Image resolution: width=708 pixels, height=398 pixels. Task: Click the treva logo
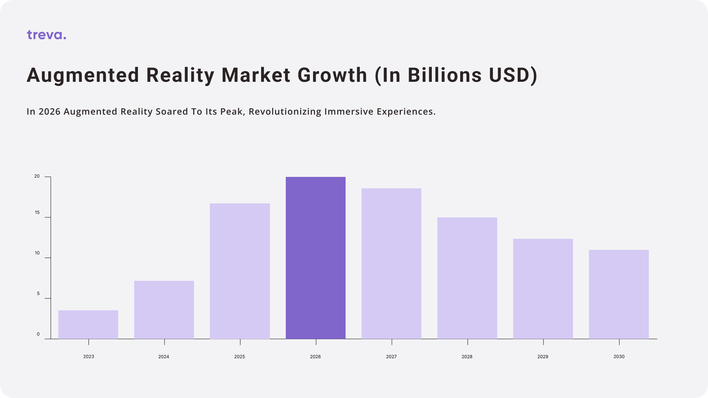[x=46, y=35]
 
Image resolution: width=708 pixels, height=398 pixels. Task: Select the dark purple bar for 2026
[x=316, y=258]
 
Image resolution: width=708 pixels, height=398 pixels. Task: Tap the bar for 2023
[x=88, y=325]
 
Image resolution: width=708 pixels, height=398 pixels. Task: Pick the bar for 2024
[x=164, y=310]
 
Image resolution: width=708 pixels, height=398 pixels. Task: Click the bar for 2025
[x=240, y=271]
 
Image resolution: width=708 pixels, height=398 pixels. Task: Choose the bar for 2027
[x=391, y=264]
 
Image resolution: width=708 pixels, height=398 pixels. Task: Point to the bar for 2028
[x=467, y=278]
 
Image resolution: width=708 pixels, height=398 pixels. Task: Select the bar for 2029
[x=543, y=289]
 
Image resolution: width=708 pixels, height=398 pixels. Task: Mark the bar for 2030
[x=619, y=295]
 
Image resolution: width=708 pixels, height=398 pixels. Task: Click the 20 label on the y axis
[x=37, y=176]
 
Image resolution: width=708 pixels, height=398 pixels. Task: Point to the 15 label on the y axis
[x=37, y=213]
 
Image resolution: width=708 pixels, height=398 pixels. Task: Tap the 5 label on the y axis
[x=38, y=294]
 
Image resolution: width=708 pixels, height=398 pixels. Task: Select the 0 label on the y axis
[x=38, y=334]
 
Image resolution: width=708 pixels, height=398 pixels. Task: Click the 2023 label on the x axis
[x=88, y=356]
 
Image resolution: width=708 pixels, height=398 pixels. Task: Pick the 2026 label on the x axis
[x=316, y=356]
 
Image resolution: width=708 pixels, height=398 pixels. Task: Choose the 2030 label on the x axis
[x=619, y=356]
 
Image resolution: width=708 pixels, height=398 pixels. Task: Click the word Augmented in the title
[x=83, y=76]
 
